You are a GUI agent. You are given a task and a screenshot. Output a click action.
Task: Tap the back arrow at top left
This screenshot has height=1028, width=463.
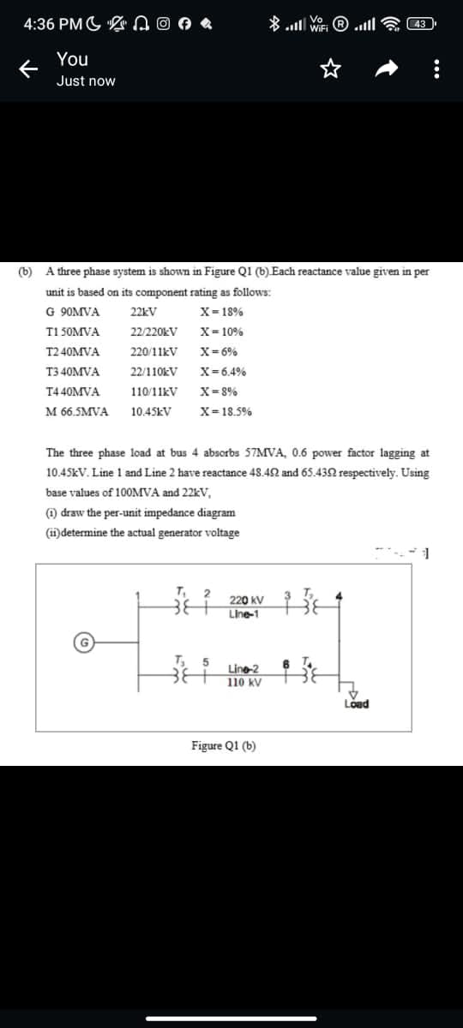pyautogui.click(x=26, y=70)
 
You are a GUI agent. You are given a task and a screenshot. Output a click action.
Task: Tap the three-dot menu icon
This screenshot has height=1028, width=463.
pyautogui.click(x=438, y=70)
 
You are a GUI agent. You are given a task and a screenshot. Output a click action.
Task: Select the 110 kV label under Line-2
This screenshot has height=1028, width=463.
pyautogui.click(x=244, y=683)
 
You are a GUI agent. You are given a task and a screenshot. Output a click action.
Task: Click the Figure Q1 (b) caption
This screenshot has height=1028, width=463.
pyautogui.click(x=224, y=744)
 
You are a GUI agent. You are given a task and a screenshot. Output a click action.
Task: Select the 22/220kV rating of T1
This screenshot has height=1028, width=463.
pyautogui.click(x=154, y=332)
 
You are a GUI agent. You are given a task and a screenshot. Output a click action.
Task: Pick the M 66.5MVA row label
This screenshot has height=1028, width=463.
pyautogui.click(x=77, y=410)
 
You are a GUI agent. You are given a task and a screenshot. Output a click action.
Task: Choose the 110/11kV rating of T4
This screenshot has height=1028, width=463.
pyautogui.click(x=154, y=391)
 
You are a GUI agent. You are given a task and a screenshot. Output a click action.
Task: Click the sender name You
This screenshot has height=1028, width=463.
pyautogui.click(x=72, y=59)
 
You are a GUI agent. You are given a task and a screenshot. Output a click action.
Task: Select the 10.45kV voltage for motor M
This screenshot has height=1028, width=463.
pyautogui.click(x=151, y=410)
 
